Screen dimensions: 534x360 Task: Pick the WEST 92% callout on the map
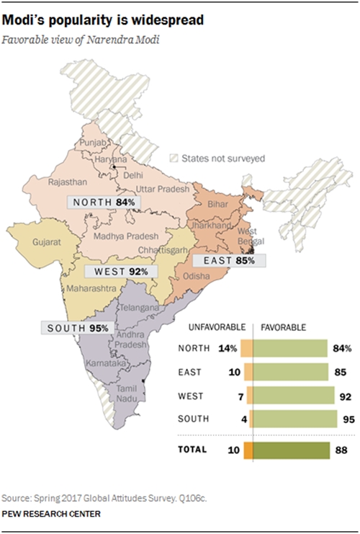click(x=116, y=272)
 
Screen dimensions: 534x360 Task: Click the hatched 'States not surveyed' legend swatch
click(x=173, y=159)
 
